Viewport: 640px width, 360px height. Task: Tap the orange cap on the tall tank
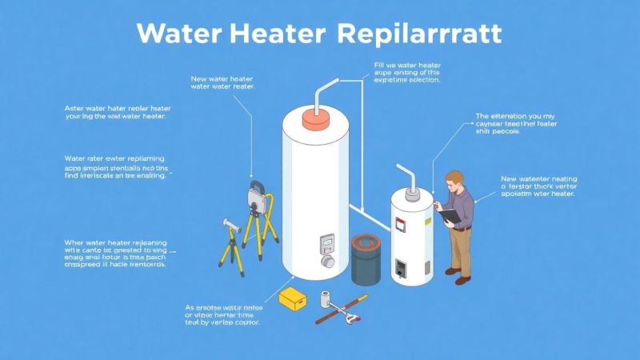(314, 118)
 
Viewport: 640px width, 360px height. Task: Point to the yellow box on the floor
(291, 299)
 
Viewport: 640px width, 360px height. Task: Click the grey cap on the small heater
(412, 192)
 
